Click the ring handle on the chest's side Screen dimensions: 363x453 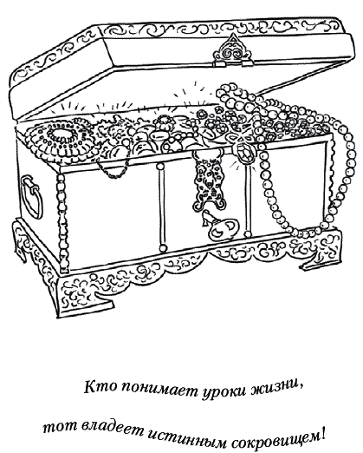tap(31, 197)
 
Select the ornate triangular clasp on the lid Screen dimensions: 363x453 tap(233, 49)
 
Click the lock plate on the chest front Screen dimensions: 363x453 tap(209, 181)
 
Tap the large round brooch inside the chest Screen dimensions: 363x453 tap(62, 140)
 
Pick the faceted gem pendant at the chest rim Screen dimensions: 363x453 tap(245, 152)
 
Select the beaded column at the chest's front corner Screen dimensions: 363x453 tap(62, 223)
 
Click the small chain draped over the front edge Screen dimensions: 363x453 tap(113, 169)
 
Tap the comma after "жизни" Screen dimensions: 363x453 tap(301, 392)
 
